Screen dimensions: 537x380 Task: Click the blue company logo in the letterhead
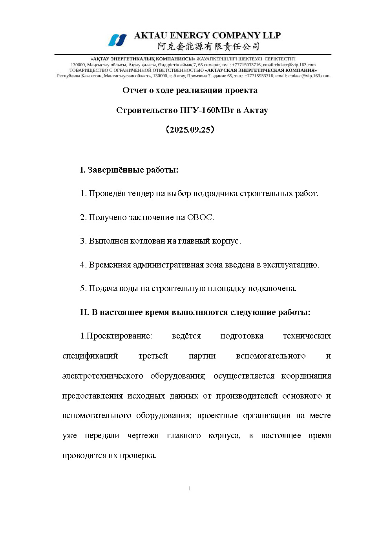(117, 40)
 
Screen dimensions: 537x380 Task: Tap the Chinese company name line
(208, 47)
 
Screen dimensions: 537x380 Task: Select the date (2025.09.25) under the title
(190, 130)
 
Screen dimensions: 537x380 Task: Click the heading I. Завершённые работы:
(129, 170)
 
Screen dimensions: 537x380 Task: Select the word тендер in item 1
(141, 193)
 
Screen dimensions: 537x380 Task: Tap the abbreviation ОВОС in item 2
(199, 217)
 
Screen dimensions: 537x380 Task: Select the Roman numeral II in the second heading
(84, 312)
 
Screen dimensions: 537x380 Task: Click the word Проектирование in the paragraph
(119, 336)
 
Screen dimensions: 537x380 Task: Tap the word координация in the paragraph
(306, 376)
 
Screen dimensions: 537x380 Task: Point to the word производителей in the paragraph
(247, 396)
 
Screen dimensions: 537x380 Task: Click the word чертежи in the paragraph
(143, 435)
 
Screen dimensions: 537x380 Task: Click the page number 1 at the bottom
(190, 488)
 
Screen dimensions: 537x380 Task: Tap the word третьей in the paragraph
(153, 356)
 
